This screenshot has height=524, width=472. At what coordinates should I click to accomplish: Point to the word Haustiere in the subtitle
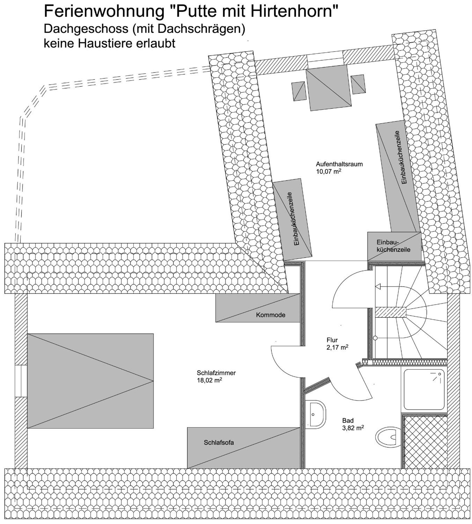point(103,43)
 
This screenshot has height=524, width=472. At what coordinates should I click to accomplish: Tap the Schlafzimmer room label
point(216,373)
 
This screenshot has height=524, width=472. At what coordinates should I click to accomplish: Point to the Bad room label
point(348,420)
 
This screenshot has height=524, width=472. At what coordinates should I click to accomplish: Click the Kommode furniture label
point(270,315)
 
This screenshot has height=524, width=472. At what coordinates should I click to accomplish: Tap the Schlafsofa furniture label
point(219,442)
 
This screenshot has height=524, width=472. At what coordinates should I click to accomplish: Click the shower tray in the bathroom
point(424,389)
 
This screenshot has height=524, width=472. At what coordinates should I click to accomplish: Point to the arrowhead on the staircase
point(378,287)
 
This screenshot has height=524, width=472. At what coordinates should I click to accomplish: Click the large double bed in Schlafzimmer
point(90,381)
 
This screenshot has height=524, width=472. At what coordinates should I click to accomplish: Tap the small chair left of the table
point(299,91)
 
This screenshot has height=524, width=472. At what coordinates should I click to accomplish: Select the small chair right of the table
point(358,84)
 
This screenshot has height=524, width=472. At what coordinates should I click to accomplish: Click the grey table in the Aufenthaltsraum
point(329,88)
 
